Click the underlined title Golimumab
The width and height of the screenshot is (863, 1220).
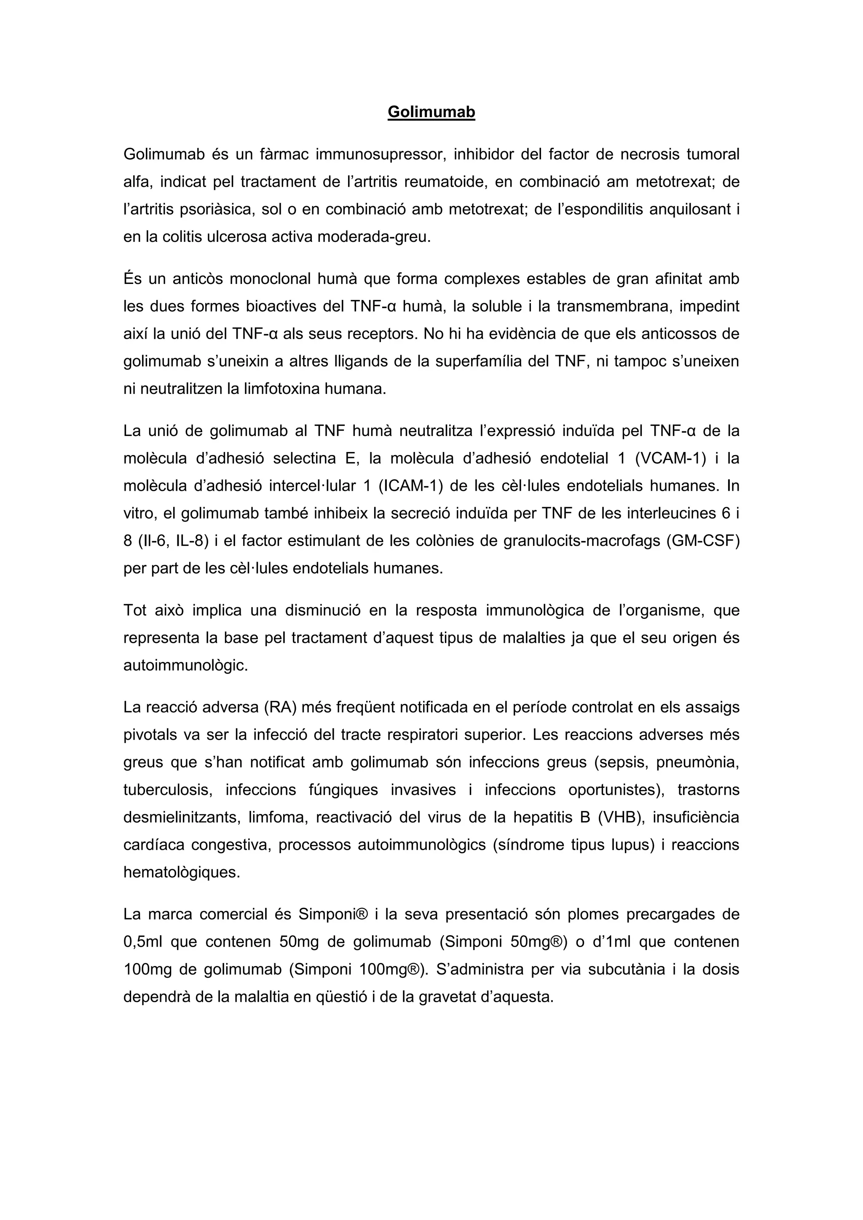coord(431,112)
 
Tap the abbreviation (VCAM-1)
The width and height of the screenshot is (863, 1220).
coord(670,458)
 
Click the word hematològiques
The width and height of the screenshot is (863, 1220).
coord(182,872)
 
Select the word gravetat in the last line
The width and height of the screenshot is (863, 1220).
coord(448,997)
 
